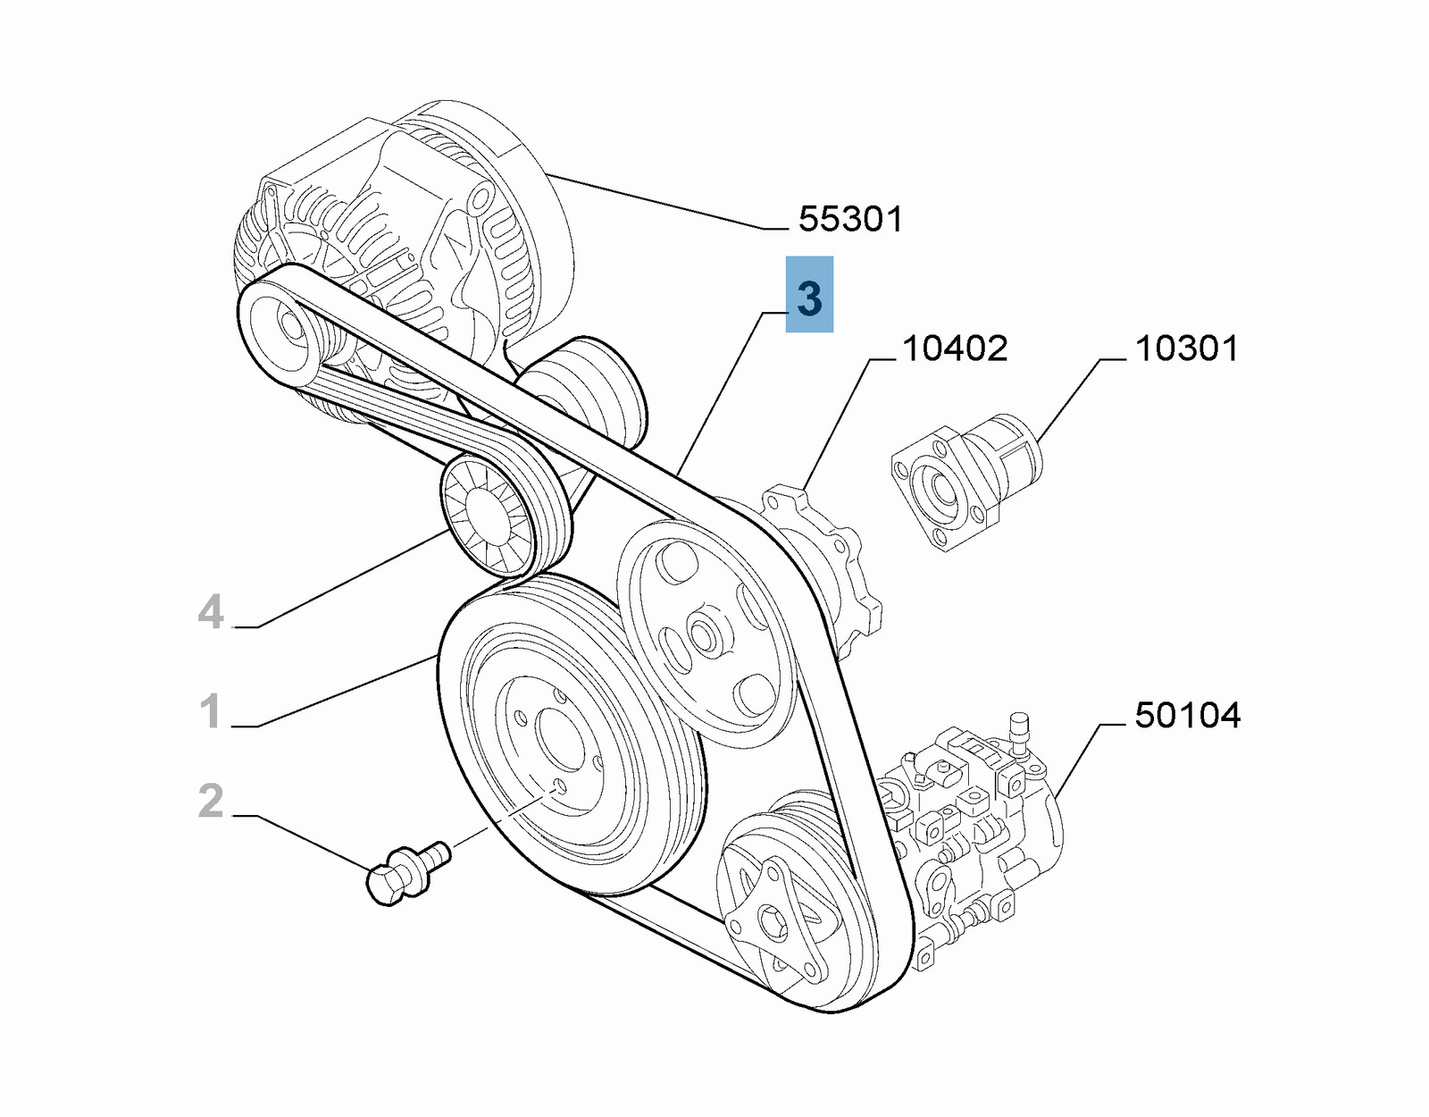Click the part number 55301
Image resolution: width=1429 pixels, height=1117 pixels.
click(x=849, y=219)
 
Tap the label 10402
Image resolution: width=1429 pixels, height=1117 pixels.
click(x=954, y=349)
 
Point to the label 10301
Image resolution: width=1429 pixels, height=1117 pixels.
click(x=1186, y=349)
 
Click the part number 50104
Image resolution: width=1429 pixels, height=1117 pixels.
click(x=1187, y=715)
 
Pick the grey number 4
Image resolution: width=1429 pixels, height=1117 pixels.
click(x=211, y=613)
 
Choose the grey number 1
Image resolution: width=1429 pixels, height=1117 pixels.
click(x=211, y=711)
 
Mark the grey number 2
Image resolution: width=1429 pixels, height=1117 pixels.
click(x=211, y=801)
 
